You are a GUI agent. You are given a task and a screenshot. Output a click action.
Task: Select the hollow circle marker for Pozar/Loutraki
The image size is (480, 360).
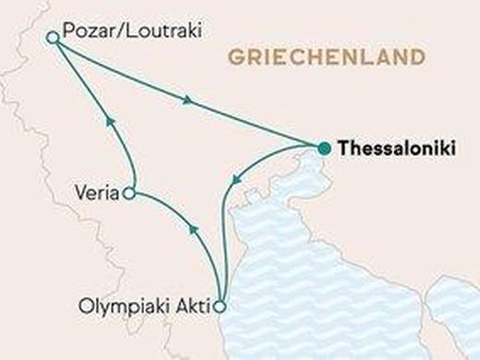[53, 37]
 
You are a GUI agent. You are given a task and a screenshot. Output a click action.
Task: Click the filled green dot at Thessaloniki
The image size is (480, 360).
[323, 148]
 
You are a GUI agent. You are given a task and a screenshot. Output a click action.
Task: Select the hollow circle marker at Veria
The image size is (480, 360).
[129, 194]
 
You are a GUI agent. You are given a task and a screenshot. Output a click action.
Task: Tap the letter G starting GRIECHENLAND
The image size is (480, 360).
[231, 58]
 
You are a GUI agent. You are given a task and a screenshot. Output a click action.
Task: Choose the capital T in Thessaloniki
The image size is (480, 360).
[344, 148]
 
